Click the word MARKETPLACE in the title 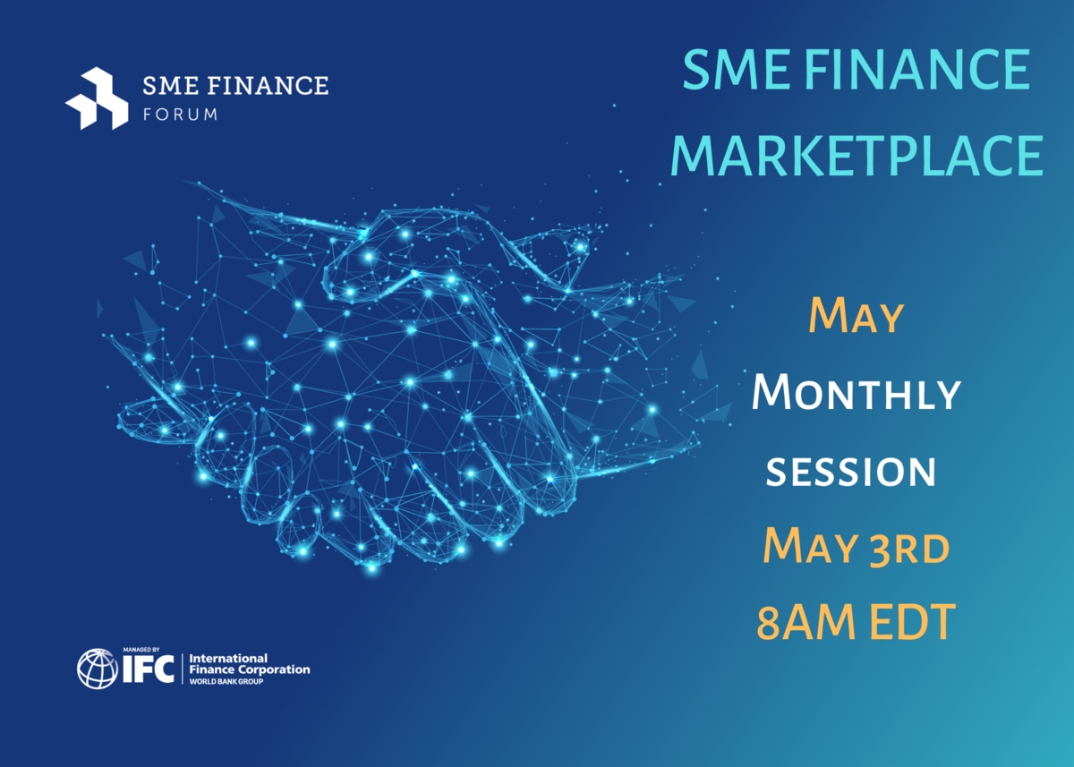coord(857,156)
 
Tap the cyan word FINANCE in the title coord(916,70)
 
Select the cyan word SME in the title coord(736,70)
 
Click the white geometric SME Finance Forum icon coord(97,98)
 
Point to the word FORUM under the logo coord(180,115)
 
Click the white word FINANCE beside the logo coord(268,86)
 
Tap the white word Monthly coord(857,393)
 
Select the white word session coord(851,473)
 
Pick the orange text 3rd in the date coord(909,548)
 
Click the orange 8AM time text coord(806,622)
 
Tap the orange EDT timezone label coord(913,622)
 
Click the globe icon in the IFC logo coord(98,669)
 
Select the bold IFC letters coord(149,669)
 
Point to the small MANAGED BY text coord(141,650)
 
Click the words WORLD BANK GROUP coord(226,682)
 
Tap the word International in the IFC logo coord(229,658)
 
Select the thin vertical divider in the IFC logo coord(183,669)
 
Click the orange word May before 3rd coord(811,546)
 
